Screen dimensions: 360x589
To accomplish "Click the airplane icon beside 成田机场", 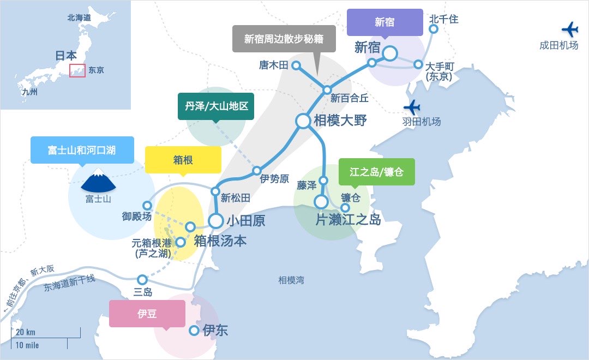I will tap(569, 29).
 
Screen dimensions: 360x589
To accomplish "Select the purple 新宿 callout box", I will tap(384, 22).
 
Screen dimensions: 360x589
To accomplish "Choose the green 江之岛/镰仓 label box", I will tap(377, 172).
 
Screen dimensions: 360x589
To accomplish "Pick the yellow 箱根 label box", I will tap(183, 160).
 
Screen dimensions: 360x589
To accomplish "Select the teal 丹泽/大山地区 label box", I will tap(216, 106).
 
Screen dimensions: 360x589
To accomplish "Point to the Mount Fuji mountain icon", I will tap(98, 181).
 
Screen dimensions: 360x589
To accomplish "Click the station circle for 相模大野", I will tap(303, 121).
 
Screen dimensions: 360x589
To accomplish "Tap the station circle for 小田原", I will tap(216, 221).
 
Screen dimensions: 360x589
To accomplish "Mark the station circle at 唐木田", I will tap(296, 65).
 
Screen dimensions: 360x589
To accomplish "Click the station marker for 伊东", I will tap(194, 331).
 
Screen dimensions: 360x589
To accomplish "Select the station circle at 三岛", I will tap(142, 279).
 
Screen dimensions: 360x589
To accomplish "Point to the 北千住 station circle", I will tap(434, 29).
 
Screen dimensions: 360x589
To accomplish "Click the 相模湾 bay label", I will tap(291, 280).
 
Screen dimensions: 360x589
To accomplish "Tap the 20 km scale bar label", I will tap(26, 332).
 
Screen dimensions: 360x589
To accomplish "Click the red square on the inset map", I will tap(77, 70).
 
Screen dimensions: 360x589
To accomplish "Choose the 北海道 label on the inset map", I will tap(79, 18).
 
